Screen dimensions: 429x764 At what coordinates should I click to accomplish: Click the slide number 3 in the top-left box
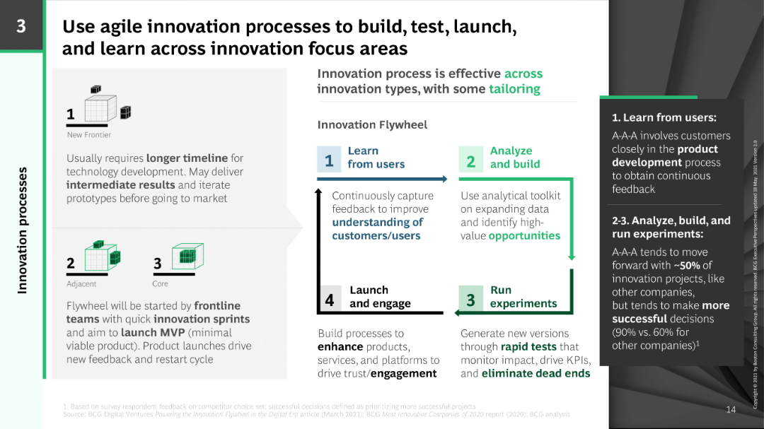21,26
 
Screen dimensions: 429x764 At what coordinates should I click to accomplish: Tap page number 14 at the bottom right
731,409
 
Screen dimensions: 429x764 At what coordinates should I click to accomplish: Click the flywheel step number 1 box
329,160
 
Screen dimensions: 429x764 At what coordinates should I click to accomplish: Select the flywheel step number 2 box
471,160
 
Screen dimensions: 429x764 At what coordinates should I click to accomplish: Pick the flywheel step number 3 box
471,299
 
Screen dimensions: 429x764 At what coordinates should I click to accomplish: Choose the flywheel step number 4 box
329,299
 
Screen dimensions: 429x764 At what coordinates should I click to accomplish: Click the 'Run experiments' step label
523,297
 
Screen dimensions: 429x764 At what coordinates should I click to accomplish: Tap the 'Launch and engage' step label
380,297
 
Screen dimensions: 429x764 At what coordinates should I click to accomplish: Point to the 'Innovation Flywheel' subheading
372,125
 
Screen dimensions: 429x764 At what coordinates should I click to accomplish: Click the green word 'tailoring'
514,89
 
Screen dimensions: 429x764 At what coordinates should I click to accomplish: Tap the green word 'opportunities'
524,236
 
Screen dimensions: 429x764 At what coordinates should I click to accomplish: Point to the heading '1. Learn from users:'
664,118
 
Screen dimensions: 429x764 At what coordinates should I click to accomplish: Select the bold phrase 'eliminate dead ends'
536,373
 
